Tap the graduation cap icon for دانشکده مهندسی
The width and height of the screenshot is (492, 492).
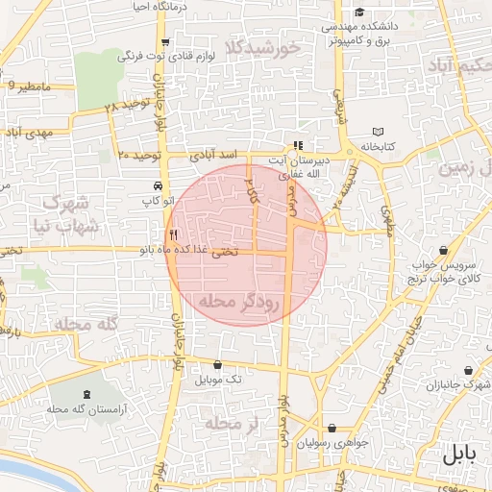(x=359, y=12)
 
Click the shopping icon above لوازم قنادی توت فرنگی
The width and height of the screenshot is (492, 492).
(x=166, y=41)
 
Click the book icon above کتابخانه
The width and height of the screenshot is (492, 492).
(x=378, y=132)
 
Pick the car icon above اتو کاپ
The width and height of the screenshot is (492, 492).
(x=157, y=185)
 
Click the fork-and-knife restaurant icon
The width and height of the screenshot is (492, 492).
(x=173, y=234)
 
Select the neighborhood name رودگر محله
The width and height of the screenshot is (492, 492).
(x=238, y=302)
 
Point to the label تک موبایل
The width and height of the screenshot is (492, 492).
(x=219, y=381)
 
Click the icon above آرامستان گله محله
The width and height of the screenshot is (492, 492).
(x=89, y=394)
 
